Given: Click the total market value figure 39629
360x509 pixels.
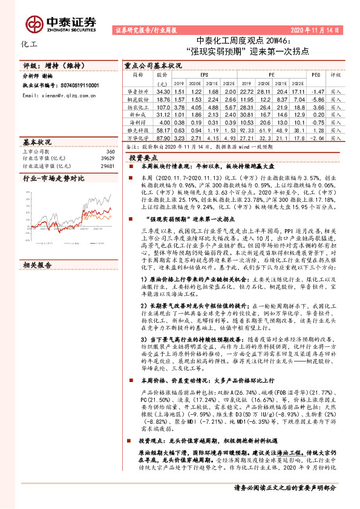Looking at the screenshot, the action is (x=106, y=158).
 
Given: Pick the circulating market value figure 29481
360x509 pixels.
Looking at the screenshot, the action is (x=106, y=165).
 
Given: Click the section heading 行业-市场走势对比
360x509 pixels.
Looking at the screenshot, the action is (x=54, y=179).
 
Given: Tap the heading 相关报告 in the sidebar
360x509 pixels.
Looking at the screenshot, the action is (x=38, y=248).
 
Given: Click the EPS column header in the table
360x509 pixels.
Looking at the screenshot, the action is (x=204, y=76).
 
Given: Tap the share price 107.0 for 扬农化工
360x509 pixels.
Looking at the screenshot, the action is (x=162, y=106).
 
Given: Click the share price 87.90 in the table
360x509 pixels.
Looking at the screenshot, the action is (x=162, y=137).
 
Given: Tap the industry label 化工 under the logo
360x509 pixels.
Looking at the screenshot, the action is (x=28, y=45).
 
